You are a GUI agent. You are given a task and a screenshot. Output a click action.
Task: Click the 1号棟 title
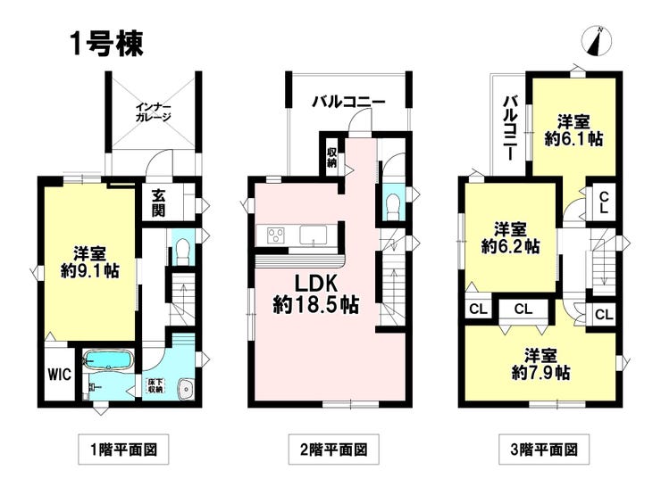click(107, 45)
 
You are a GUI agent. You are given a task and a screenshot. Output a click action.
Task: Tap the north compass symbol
click(597, 41)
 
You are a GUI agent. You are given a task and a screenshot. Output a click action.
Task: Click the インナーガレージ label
click(153, 112)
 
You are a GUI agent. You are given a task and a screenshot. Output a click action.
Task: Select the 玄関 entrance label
click(158, 203)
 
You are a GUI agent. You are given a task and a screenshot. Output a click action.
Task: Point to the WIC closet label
click(60, 375)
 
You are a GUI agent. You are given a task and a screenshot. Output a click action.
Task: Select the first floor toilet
click(181, 252)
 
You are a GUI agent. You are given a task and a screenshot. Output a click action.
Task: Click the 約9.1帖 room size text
click(90, 270)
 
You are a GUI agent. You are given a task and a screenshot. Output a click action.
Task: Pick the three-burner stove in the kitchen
click(275, 235)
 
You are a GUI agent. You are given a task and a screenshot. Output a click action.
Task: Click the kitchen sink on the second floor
click(313, 235)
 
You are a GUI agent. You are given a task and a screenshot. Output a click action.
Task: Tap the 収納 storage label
click(332, 157)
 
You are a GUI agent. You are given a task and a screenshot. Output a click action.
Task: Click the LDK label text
click(315, 285)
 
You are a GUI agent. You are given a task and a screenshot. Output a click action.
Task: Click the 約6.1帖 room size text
click(573, 138)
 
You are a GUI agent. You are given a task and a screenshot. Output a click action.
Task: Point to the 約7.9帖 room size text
click(541, 373)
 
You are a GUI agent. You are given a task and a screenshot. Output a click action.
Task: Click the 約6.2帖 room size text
click(511, 246)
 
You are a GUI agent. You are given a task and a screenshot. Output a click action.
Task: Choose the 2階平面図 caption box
click(334, 450)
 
